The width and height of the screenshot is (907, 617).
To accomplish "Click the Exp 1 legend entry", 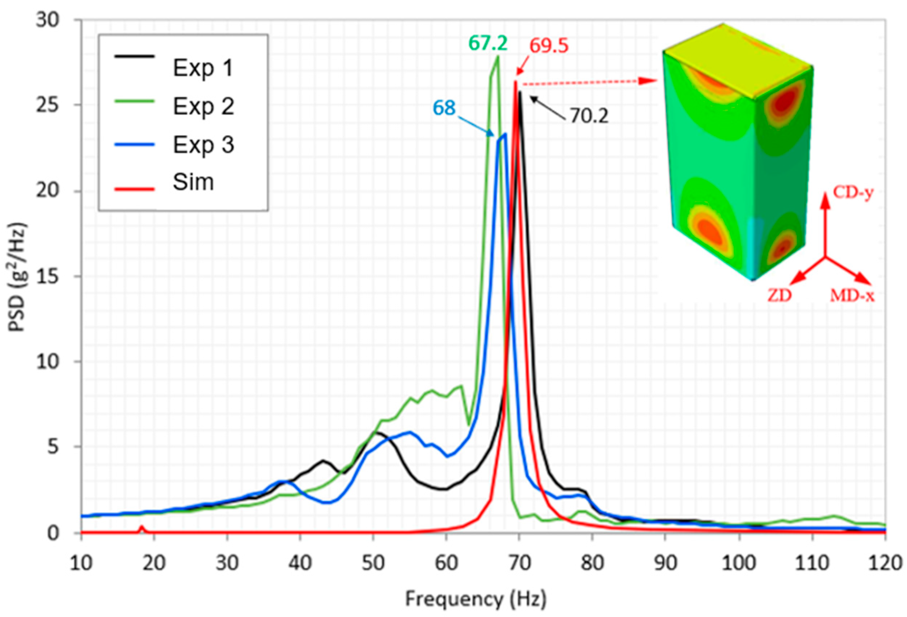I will pyautogui.click(x=203, y=68).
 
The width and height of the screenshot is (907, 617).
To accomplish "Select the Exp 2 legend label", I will pyautogui.click(x=203, y=106).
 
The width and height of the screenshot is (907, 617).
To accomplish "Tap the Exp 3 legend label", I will pyautogui.click(x=203, y=145).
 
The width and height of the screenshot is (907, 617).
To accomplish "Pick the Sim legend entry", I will pyautogui.click(x=193, y=182).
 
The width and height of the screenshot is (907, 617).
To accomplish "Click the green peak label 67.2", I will pyautogui.click(x=488, y=43).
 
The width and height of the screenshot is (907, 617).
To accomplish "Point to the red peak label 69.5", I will pyautogui.click(x=549, y=46).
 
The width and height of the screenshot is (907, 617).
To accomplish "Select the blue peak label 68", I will pyautogui.click(x=444, y=108).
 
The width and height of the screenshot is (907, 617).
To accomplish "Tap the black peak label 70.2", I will pyautogui.click(x=589, y=116).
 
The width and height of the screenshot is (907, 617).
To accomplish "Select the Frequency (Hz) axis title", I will pyautogui.click(x=475, y=599).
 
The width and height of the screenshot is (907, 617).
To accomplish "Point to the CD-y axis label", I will pyautogui.click(x=853, y=193).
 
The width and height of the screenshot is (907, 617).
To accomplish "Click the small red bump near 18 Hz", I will pyautogui.click(x=142, y=528).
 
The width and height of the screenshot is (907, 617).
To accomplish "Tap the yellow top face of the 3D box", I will pyautogui.click(x=734, y=59).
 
